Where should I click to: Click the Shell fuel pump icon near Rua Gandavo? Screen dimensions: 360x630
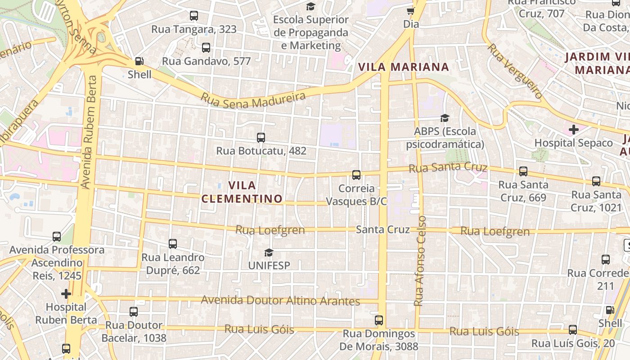[x=139, y=61]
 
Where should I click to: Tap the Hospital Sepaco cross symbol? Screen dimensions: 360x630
[x=573, y=130]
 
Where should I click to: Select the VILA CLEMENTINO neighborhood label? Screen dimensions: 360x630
[x=242, y=192]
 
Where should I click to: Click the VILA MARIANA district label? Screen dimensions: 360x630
[x=404, y=67]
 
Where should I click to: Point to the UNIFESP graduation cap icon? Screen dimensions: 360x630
[x=269, y=252]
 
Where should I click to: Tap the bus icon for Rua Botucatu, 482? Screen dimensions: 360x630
[x=261, y=138]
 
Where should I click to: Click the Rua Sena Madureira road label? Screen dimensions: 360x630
[x=253, y=99]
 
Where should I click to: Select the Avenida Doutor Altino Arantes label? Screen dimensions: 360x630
[x=280, y=300]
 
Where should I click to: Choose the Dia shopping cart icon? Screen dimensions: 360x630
[x=410, y=11]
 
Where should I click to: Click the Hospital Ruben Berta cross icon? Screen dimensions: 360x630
[x=66, y=294]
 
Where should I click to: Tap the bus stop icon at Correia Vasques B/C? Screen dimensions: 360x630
[x=356, y=175]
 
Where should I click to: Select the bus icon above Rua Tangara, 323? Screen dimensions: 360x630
[x=193, y=16]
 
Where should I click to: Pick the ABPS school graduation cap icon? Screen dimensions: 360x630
[x=445, y=118]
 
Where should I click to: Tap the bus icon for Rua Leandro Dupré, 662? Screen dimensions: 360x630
[x=173, y=244]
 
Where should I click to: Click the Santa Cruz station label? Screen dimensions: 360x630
[x=382, y=229]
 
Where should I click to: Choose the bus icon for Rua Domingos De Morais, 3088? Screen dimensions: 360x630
[x=379, y=320]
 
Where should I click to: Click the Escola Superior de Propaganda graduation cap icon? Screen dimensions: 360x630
[x=310, y=6]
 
